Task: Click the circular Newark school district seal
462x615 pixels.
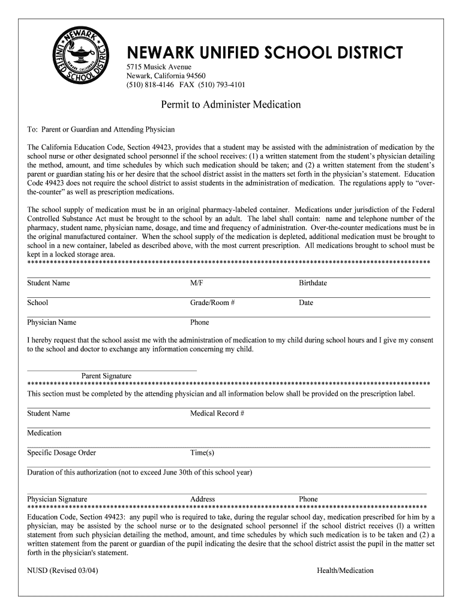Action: tap(80, 61)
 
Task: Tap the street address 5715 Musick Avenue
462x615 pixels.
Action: tap(158, 67)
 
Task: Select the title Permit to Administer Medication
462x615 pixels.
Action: tap(231, 105)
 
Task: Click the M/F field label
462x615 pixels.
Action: tap(196, 283)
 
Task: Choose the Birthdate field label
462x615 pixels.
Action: tap(313, 283)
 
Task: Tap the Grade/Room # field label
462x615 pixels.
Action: tap(212, 303)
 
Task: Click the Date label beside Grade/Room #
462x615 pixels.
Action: tap(306, 303)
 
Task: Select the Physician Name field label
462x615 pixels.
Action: tap(52, 323)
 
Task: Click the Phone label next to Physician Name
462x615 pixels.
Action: tap(199, 323)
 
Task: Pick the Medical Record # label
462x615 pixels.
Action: tap(217, 413)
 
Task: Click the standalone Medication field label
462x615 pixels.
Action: tap(44, 433)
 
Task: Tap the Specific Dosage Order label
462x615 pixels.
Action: tap(61, 453)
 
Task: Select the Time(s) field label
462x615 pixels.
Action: tap(202, 453)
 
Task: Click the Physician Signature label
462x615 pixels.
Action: tap(57, 499)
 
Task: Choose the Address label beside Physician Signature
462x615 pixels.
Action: tap(203, 499)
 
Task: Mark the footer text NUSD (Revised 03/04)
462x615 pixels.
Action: tap(62, 571)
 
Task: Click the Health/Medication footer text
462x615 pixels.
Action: tap(345, 571)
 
